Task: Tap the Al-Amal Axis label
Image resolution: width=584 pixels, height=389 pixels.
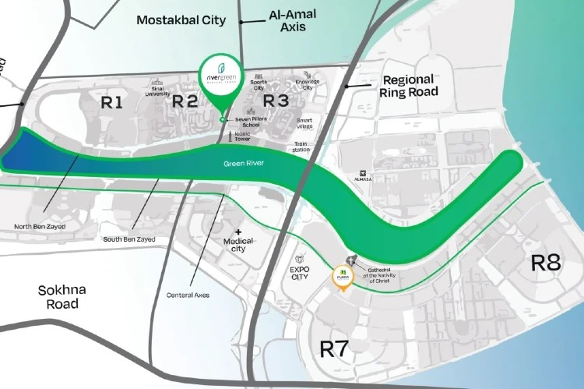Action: point(287,21)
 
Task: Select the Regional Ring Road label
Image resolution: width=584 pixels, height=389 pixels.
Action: point(409,86)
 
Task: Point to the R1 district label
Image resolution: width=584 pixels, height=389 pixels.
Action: point(112,101)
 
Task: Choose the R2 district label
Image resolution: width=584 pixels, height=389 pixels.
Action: point(185,101)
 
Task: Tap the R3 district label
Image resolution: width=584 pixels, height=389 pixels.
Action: point(276,101)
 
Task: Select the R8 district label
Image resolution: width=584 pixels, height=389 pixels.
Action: point(545,263)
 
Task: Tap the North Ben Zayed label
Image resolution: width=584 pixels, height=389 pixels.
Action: point(40,227)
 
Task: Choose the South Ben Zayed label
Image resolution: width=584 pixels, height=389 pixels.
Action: point(129,239)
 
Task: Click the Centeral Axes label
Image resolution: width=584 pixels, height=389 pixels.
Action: point(188,295)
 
